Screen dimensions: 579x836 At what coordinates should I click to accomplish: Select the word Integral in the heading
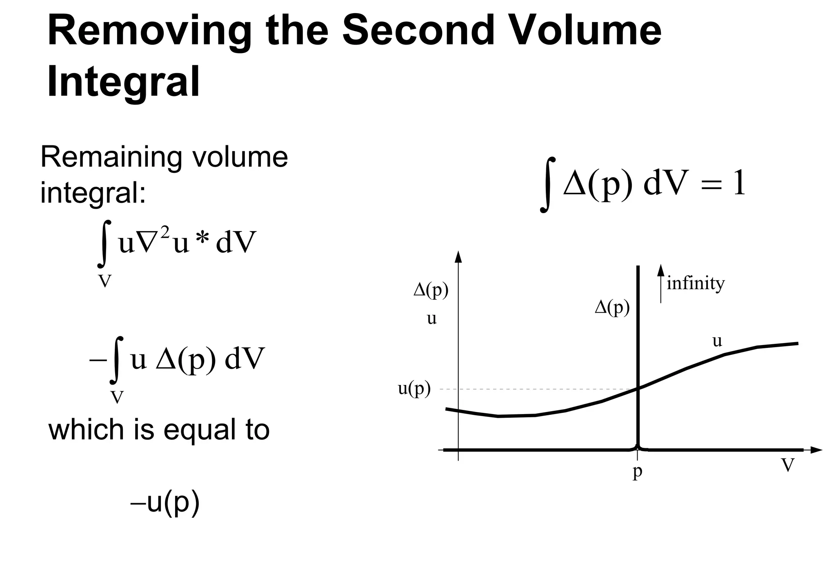tap(123, 82)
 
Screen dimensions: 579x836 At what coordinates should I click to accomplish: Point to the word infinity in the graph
tap(696, 283)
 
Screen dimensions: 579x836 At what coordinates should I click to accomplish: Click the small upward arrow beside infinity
tap(660, 282)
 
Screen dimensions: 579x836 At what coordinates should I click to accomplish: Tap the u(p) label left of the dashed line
tap(414, 390)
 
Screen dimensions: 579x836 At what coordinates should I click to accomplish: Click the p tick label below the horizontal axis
tap(637, 472)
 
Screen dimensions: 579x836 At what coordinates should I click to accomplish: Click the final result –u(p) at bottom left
tap(165, 503)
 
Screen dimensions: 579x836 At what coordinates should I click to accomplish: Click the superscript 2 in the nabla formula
tap(165, 233)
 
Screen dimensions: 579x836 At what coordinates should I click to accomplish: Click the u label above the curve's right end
tap(717, 341)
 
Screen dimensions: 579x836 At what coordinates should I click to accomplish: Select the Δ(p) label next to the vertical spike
tap(612, 307)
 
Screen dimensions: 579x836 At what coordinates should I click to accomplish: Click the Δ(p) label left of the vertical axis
tap(431, 290)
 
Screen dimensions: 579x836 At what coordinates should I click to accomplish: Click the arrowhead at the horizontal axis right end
tap(816, 450)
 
